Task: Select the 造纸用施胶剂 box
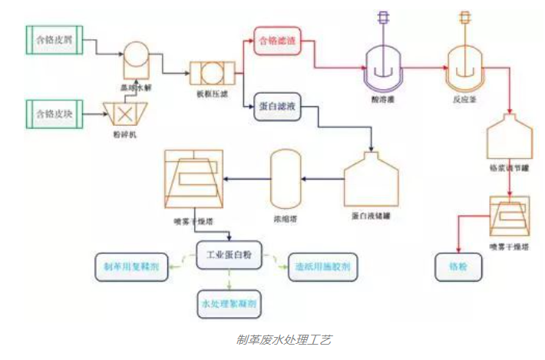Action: [x=322, y=267]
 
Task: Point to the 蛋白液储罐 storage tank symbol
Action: [x=371, y=180]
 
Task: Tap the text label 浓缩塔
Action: [x=284, y=218]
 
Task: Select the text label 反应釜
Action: [x=464, y=100]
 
